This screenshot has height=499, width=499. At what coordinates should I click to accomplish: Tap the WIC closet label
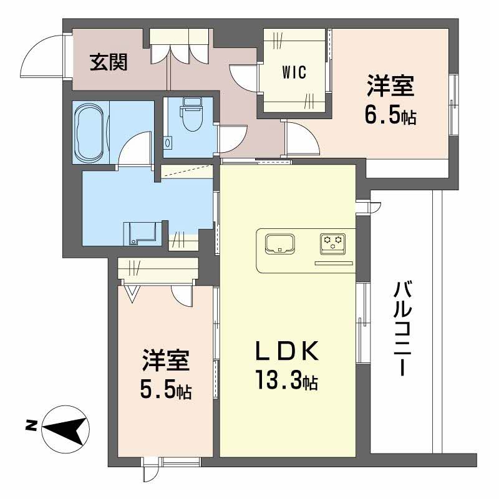click(x=293, y=72)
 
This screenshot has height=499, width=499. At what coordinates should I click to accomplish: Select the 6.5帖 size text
click(x=391, y=117)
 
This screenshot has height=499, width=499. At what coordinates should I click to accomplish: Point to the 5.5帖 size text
click(x=165, y=391)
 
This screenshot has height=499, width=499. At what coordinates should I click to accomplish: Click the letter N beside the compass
click(x=30, y=427)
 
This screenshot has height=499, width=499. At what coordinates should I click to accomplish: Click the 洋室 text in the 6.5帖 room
click(x=390, y=87)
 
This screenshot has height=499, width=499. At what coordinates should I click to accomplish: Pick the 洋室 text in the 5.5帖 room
click(x=165, y=361)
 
